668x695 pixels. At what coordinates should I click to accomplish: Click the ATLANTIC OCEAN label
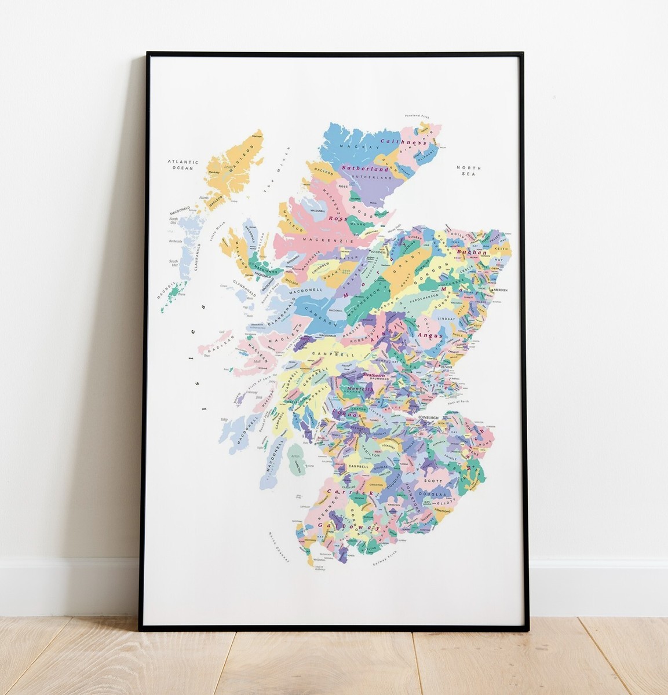click(183, 165)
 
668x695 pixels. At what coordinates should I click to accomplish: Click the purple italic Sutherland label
click(363, 168)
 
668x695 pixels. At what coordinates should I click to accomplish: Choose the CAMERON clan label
click(322, 319)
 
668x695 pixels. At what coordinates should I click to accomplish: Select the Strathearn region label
click(374, 375)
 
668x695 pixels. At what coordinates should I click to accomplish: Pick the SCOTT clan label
click(433, 481)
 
